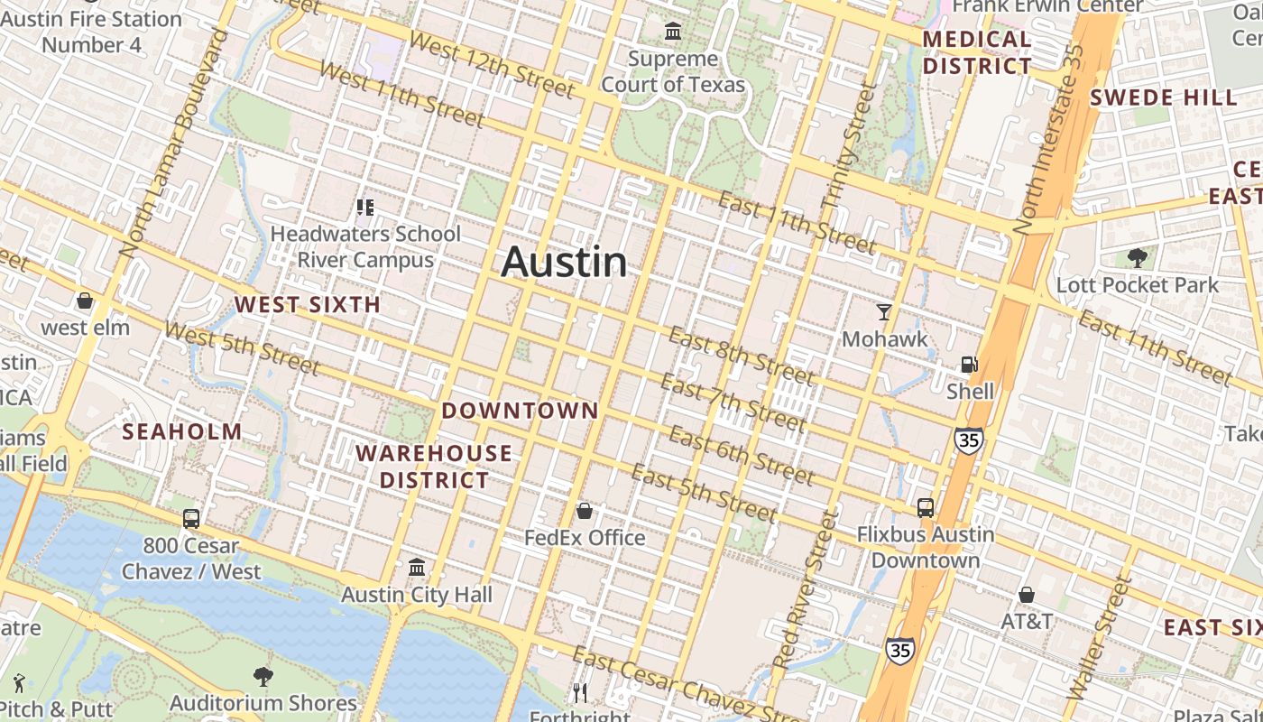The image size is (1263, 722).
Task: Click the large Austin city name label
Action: pyautogui.click(x=564, y=262)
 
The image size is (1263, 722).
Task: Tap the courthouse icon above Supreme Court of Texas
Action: pyautogui.click(x=673, y=32)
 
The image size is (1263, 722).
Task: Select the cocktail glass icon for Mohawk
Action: pyautogui.click(x=884, y=312)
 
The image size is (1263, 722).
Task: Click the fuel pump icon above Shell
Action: pyautogui.click(x=970, y=365)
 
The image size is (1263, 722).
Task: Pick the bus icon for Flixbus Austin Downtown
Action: pyautogui.click(x=926, y=507)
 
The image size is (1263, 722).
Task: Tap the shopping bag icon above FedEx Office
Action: pyautogui.click(x=585, y=512)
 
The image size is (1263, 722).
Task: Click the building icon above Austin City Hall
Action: pyautogui.click(x=417, y=568)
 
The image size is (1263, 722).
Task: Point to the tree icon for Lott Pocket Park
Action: pyautogui.click(x=1138, y=258)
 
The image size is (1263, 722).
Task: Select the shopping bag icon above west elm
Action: pyautogui.click(x=85, y=301)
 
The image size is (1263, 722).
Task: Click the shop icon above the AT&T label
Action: pyautogui.click(x=1027, y=595)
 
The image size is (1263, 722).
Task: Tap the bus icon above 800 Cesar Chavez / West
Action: pyautogui.click(x=191, y=519)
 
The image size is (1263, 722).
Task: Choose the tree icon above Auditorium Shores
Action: pyautogui.click(x=263, y=676)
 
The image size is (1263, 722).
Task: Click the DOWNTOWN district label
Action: pyautogui.click(x=520, y=411)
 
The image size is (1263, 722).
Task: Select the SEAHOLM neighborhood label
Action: pyautogui.click(x=182, y=431)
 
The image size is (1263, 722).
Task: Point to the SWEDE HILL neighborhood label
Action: pyautogui.click(x=1163, y=97)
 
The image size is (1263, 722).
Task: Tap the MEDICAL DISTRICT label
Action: pyautogui.click(x=977, y=52)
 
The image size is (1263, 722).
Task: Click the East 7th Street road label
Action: pyautogui.click(x=733, y=401)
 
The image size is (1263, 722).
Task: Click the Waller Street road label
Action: pyautogui.click(x=1099, y=639)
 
